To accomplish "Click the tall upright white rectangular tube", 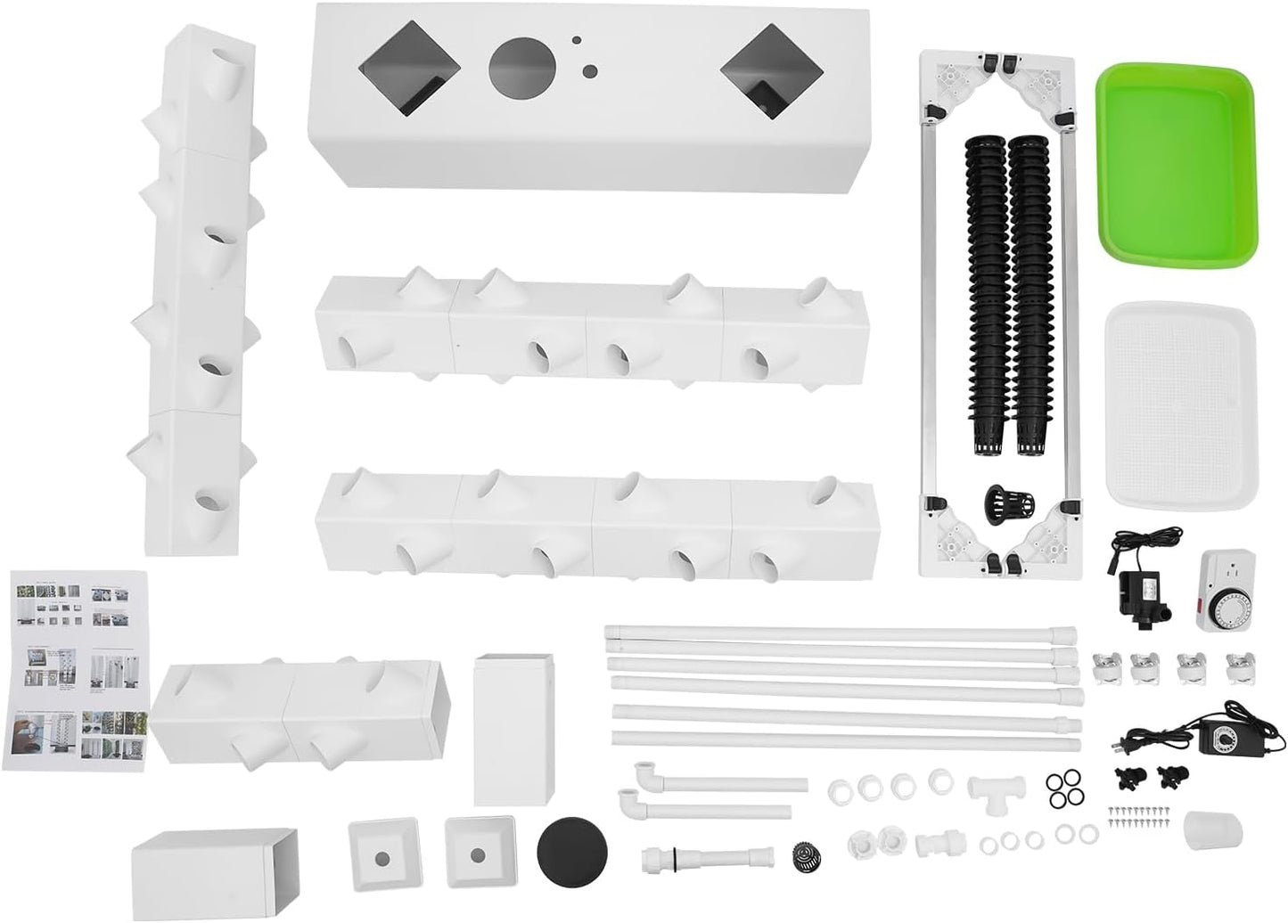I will pos(515,727).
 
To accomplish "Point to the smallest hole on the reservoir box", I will pos(578,40).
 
